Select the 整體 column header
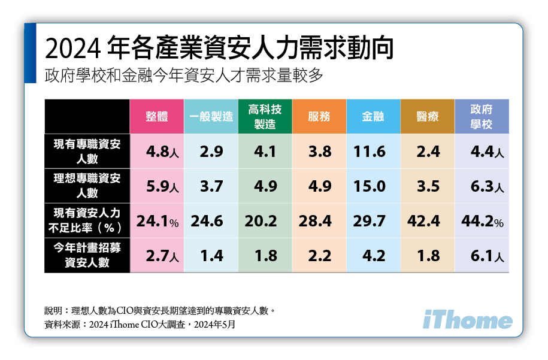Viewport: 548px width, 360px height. point(157,117)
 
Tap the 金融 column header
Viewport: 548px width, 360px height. point(373,117)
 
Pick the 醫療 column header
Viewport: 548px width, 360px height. point(428,117)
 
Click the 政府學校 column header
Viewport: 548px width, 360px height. point(482,117)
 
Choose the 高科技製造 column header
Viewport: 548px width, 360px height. point(265,117)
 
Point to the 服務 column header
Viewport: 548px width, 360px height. point(319,117)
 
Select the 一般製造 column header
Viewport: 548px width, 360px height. point(211,117)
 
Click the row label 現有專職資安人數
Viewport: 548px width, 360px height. point(87,152)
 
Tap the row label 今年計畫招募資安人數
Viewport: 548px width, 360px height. point(87,255)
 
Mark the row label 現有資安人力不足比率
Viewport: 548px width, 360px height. point(87,220)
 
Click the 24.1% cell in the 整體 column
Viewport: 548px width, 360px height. point(157,221)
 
